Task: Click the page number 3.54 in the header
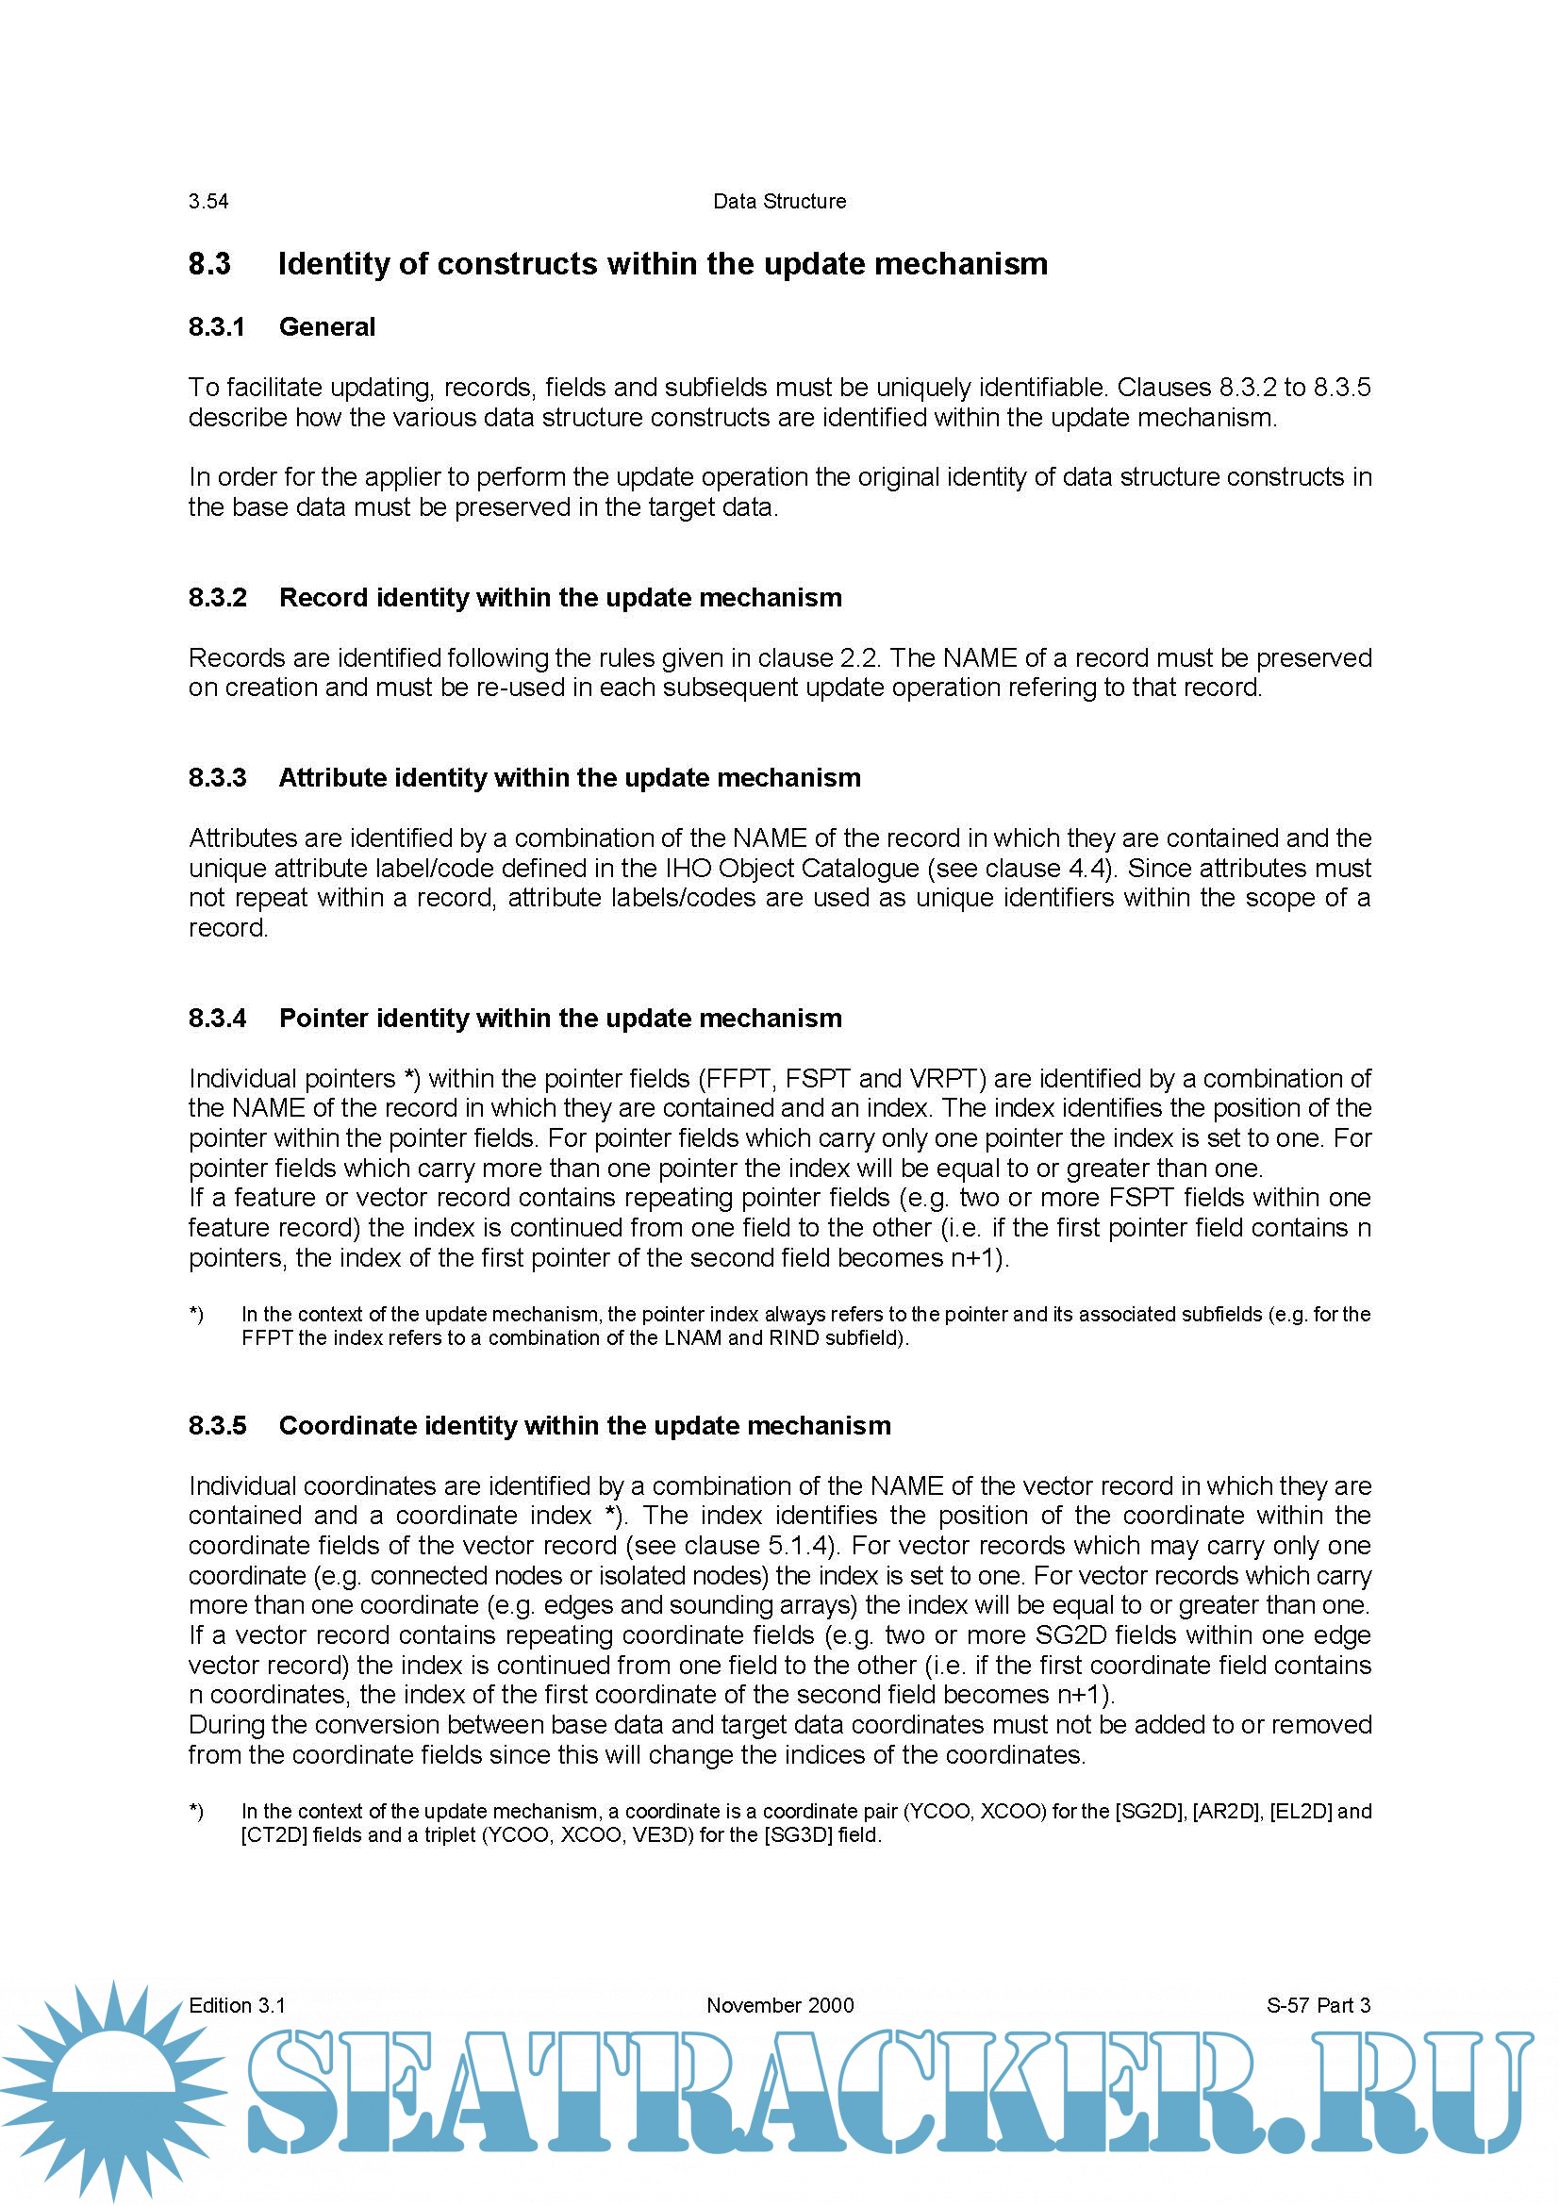(x=208, y=202)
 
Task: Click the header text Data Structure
(x=779, y=202)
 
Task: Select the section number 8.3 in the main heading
(x=209, y=264)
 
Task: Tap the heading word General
(x=326, y=327)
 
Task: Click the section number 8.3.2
(x=217, y=598)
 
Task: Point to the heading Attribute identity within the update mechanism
(x=570, y=777)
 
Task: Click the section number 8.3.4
(x=217, y=1018)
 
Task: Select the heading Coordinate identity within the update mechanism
(x=585, y=1425)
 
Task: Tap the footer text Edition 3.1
(x=238, y=2005)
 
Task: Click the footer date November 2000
(x=780, y=2005)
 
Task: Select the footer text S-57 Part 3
(x=1318, y=2005)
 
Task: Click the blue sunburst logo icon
(x=113, y=2090)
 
